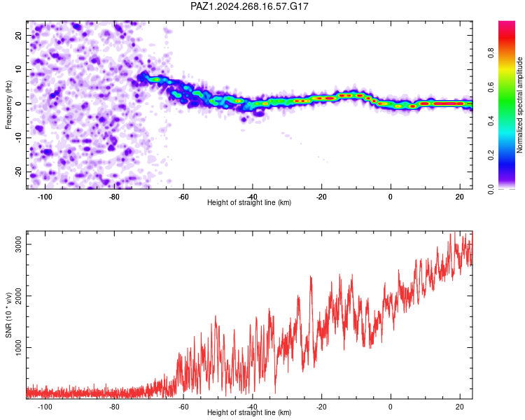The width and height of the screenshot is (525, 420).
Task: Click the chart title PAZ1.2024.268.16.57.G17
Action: click(x=249, y=6)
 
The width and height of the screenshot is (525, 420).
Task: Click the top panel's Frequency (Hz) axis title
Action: click(x=8, y=105)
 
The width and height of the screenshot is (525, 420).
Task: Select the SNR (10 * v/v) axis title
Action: click(x=8, y=315)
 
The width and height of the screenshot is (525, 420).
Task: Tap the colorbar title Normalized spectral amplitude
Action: click(x=519, y=105)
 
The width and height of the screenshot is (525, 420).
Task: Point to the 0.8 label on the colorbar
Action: click(x=491, y=53)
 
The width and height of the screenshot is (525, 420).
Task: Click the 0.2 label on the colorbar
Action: click(x=491, y=155)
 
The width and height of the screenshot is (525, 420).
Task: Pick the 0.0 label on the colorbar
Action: click(x=491, y=189)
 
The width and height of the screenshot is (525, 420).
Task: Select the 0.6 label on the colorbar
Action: click(x=491, y=87)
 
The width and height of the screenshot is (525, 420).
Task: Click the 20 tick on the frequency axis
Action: click(x=19, y=36)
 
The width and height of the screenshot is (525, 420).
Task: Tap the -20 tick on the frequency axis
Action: click(x=19, y=172)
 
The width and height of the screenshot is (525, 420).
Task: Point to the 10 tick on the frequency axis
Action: click(x=19, y=69)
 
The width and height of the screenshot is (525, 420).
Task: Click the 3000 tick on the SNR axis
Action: click(x=19, y=244)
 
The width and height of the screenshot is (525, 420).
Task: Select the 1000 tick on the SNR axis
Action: click(x=19, y=347)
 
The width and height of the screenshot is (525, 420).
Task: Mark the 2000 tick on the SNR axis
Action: click(x=19, y=295)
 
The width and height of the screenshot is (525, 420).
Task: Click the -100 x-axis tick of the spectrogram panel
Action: click(x=45, y=197)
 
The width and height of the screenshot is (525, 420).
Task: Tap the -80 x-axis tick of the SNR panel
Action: click(x=114, y=407)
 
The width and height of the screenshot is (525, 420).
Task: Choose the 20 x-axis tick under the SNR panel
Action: click(x=460, y=407)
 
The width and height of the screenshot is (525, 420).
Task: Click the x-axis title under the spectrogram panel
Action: click(x=249, y=202)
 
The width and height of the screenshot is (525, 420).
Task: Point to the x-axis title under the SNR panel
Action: click(x=249, y=412)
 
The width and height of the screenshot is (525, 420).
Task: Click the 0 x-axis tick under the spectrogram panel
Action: click(x=391, y=197)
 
